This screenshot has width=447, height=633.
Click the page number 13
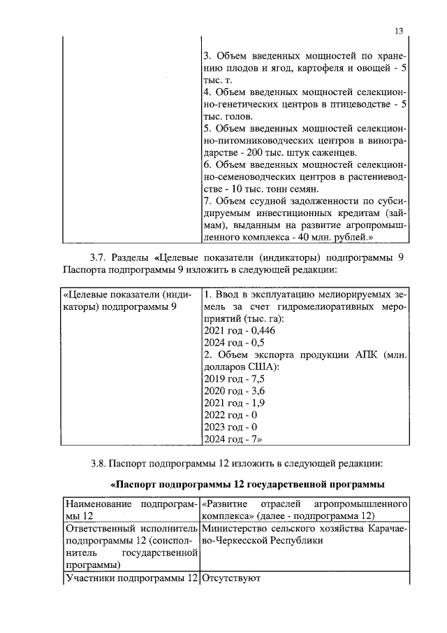click(x=399, y=31)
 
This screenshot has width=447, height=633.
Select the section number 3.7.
click(x=98, y=257)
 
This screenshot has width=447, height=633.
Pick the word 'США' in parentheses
click(x=261, y=366)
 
